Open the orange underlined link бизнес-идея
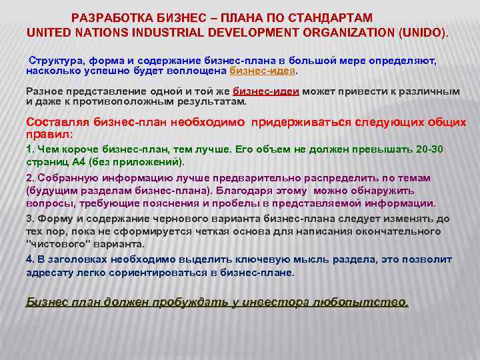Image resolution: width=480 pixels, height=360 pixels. coord(262,70)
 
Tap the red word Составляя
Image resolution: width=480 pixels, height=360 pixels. coord(57,123)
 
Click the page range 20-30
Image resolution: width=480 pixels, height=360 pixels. coord(436,150)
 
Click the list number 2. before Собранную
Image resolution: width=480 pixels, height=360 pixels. coord(30,178)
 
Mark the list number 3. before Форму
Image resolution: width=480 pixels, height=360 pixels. coord(30,219)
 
